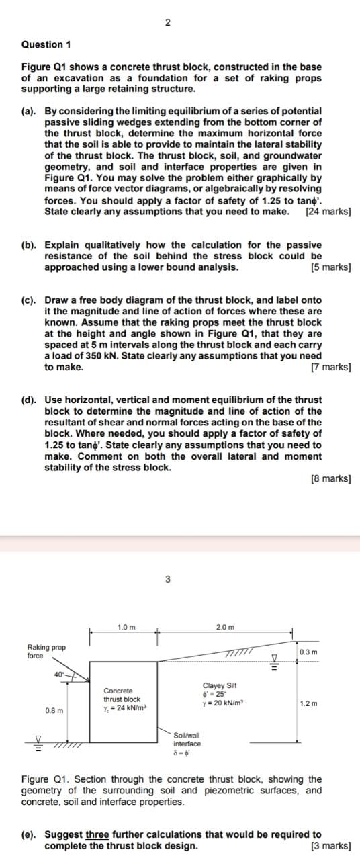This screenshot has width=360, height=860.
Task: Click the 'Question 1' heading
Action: (x=46, y=44)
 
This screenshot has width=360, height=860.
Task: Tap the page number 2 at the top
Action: (x=167, y=23)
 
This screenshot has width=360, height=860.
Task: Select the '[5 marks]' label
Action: (x=331, y=267)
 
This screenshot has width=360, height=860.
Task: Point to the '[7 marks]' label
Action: (x=331, y=368)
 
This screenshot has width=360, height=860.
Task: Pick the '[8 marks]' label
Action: (x=331, y=479)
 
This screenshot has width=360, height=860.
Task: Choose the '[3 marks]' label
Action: (x=331, y=845)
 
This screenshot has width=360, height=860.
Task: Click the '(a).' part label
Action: (x=32, y=110)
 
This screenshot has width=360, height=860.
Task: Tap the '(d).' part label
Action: (x=32, y=400)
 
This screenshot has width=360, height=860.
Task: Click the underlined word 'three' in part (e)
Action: (x=98, y=834)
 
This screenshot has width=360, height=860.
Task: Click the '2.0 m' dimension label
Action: (x=226, y=627)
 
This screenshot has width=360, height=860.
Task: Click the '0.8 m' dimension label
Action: (x=54, y=710)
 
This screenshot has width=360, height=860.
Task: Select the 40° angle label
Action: (x=60, y=674)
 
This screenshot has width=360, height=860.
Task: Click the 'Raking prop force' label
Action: (x=46, y=651)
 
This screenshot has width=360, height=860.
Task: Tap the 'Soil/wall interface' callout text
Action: (x=187, y=740)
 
